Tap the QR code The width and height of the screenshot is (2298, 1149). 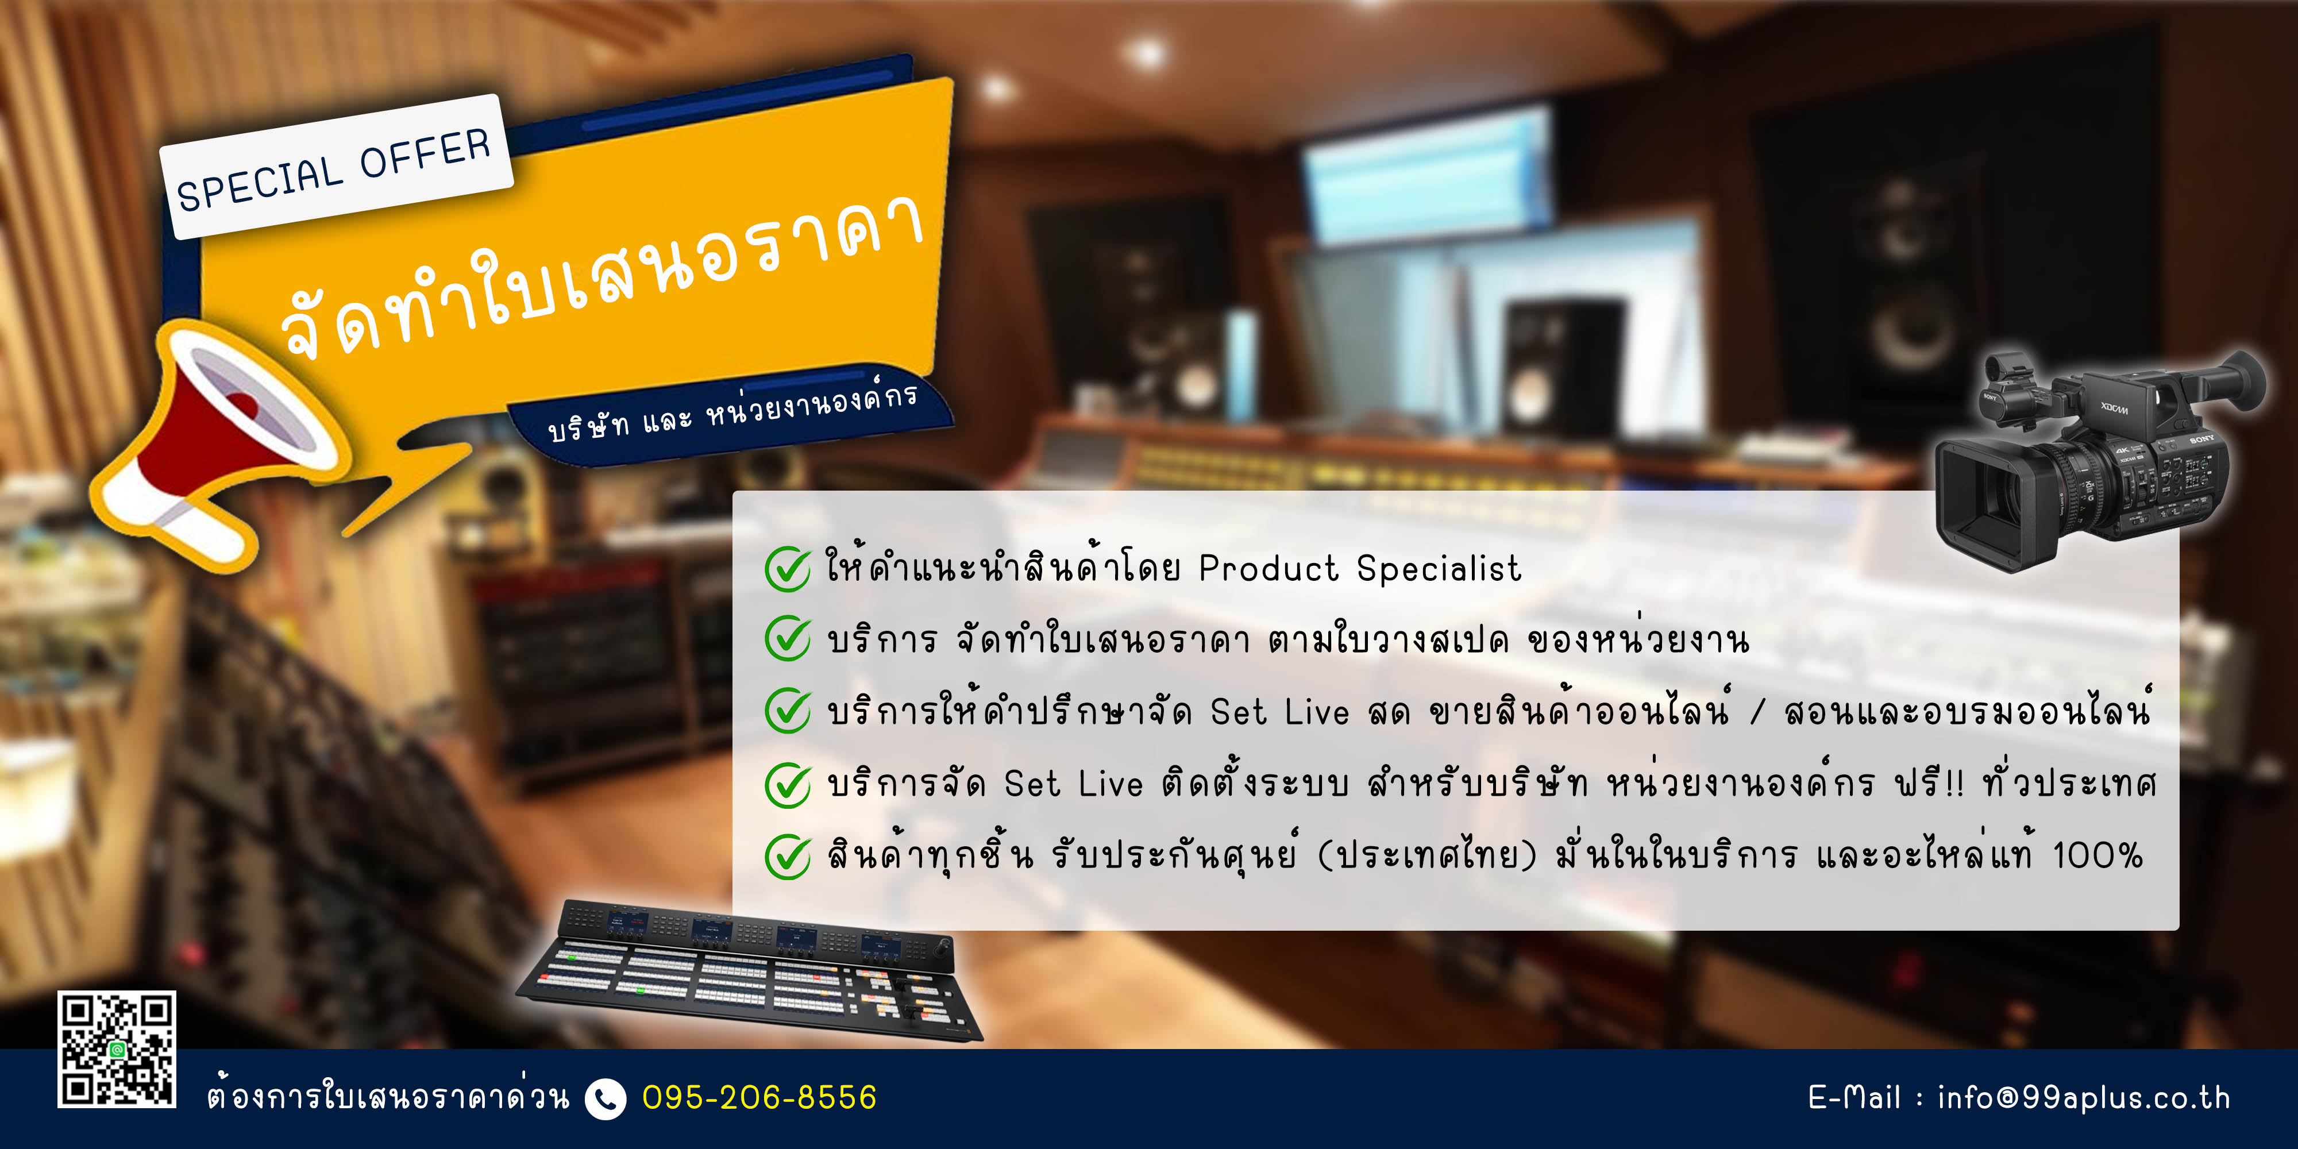point(117,1049)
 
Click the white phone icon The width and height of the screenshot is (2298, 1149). point(606,1098)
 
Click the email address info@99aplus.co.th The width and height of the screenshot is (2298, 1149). point(2084,1097)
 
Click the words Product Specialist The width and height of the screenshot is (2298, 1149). point(1359,568)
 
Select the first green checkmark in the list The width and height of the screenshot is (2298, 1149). point(788,568)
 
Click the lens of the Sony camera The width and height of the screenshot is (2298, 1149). point(1985,495)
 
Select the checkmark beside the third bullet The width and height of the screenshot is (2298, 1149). point(788,711)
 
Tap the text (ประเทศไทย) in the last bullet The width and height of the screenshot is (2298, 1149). point(1427,855)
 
